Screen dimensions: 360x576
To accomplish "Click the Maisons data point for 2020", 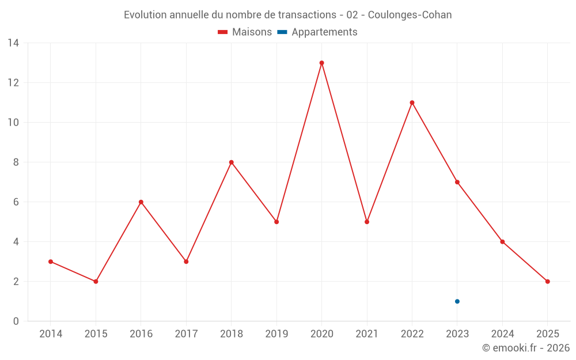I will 321,63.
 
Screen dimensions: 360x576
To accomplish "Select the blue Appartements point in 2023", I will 457,301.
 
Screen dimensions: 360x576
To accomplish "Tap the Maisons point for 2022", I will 412,103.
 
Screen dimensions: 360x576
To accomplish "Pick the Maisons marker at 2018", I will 231,162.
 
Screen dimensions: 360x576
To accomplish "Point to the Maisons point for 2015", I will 96,282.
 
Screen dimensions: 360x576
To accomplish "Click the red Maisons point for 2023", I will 457,182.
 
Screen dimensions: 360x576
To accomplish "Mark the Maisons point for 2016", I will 141,202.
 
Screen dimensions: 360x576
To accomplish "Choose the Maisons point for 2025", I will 548,282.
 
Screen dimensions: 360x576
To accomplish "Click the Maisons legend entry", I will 245,32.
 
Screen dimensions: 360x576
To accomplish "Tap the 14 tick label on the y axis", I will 13,43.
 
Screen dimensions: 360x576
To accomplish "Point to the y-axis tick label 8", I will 16,162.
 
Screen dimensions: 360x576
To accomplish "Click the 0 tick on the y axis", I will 16,321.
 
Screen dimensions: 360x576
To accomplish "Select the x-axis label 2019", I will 276,334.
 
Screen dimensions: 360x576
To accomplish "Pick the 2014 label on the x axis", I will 51,334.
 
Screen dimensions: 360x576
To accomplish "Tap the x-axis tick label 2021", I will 367,334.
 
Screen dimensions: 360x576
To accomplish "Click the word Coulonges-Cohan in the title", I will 410,15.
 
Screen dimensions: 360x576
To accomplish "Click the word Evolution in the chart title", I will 146,15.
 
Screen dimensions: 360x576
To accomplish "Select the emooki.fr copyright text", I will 526,348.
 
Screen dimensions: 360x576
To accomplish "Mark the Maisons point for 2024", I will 502,242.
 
